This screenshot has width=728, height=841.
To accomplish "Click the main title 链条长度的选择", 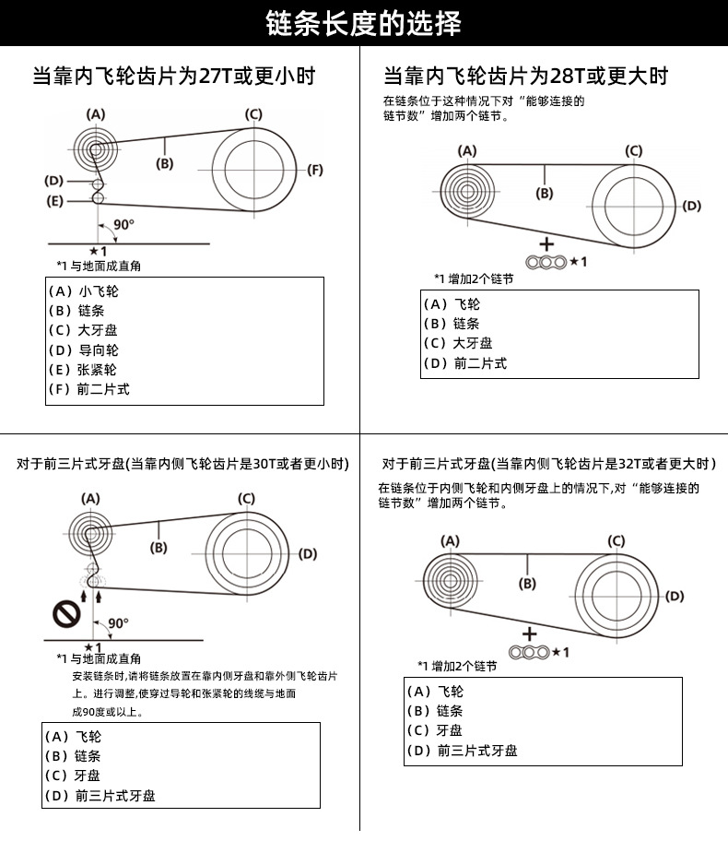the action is (363, 24).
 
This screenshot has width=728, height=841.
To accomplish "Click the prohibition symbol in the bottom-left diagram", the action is (66, 614).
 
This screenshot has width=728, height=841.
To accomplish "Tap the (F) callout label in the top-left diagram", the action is (314, 170).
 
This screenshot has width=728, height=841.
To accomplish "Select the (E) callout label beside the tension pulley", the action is (54, 201).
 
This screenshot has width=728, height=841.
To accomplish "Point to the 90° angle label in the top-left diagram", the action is (123, 224).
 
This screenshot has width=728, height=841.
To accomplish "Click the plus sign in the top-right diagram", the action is (546, 244).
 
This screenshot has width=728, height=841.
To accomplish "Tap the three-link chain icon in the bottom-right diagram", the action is (529, 652).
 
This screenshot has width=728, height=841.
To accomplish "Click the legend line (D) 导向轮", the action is (84, 350).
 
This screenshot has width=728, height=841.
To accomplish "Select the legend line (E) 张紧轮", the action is (83, 370).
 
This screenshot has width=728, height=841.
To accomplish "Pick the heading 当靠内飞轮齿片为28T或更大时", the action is (526, 76).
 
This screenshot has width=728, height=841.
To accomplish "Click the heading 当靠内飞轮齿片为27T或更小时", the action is (173, 76).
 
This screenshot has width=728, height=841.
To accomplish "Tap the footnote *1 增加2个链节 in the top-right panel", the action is (474, 278).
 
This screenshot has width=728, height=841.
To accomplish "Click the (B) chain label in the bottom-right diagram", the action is (527, 584).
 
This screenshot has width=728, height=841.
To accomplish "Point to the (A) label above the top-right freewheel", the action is (467, 150).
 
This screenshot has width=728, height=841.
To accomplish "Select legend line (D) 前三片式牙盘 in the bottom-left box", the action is (100, 796).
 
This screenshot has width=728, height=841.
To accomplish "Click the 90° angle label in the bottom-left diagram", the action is (119, 623).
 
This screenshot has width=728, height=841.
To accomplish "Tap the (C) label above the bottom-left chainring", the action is (247, 499).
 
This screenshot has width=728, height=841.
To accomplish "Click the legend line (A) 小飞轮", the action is (84, 291).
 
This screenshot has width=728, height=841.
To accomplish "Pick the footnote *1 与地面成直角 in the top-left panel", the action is (100, 266).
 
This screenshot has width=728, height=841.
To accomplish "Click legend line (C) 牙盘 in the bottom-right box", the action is (435, 730).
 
